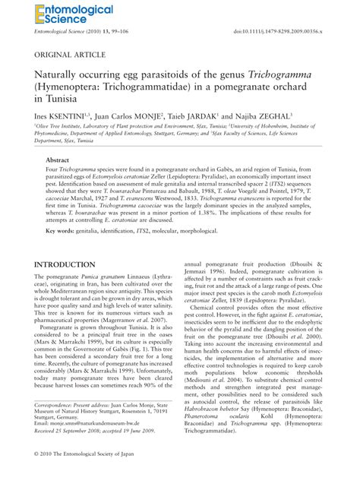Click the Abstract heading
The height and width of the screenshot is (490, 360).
tap(58, 162)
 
